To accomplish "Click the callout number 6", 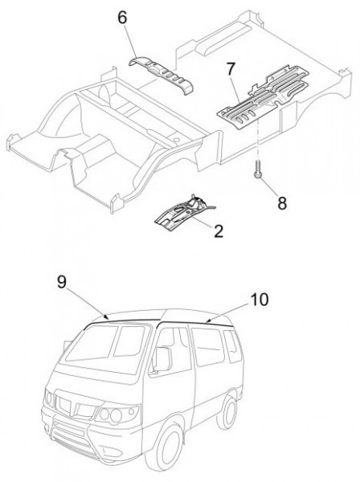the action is (x=122, y=18).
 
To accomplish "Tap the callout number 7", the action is (x=231, y=69).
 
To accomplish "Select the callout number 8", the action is (x=282, y=203).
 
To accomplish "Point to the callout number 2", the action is (x=219, y=231).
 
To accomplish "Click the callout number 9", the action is (x=62, y=282).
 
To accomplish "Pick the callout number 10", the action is (x=260, y=300).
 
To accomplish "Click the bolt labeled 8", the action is (x=258, y=170).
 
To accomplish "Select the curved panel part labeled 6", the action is (x=161, y=75).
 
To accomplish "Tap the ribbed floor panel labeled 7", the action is (x=263, y=96).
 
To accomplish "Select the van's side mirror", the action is (x=162, y=360).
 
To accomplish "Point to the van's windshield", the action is (x=106, y=348).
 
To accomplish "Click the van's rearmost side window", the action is (x=231, y=345).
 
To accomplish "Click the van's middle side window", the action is (x=208, y=346).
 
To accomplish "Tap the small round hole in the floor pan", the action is (x=176, y=139).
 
